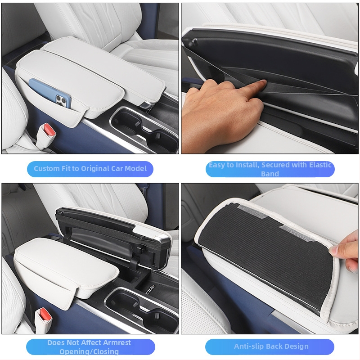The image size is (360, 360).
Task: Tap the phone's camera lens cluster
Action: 61,101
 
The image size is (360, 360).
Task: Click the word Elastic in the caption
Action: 320,165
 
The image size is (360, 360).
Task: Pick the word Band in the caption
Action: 270,174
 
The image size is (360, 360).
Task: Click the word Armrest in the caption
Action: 117,342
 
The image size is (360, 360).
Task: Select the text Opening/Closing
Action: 89,351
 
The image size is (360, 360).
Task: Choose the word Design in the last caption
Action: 298,346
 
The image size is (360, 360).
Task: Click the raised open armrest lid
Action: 112,232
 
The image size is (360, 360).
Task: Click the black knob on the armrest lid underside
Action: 193,42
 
